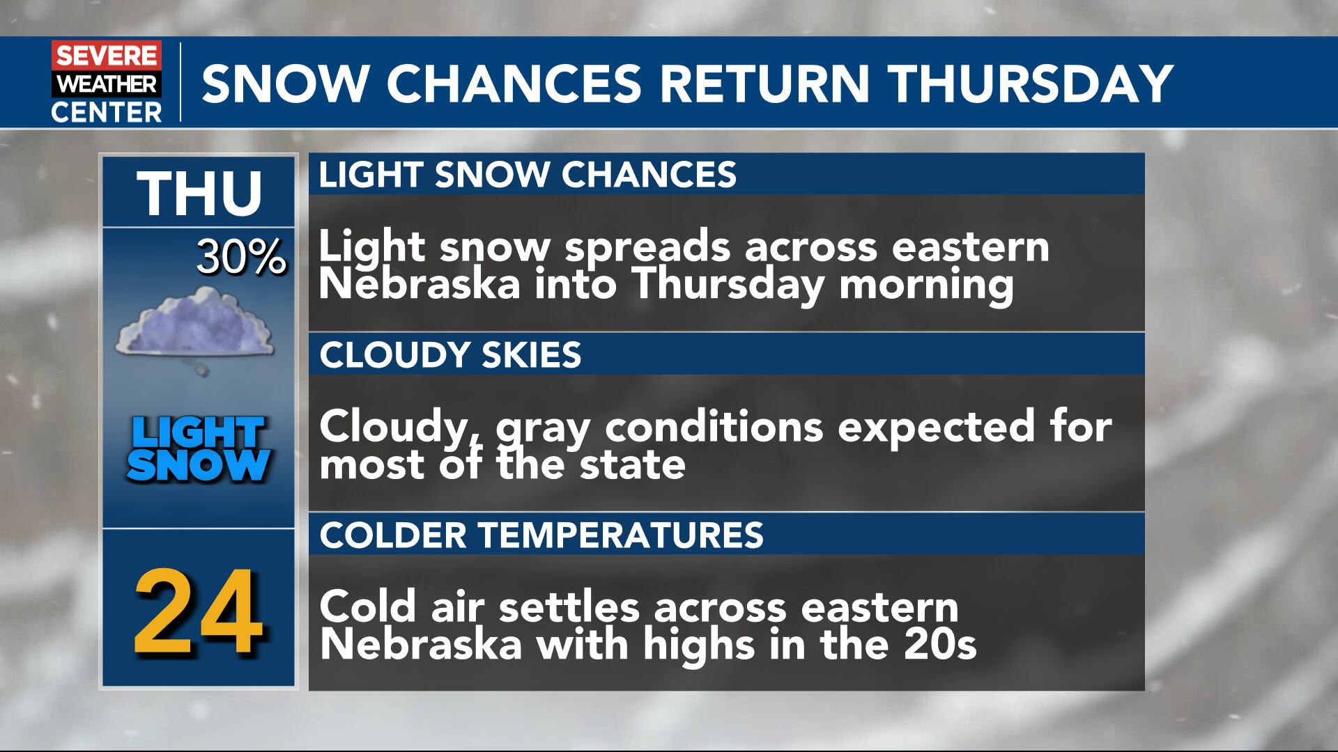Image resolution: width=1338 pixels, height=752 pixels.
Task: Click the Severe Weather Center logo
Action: click(106, 82)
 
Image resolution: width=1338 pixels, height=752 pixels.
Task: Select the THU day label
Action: click(199, 193)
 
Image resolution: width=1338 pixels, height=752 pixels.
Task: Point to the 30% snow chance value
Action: click(241, 258)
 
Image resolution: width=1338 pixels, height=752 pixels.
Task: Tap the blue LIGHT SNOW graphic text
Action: click(199, 449)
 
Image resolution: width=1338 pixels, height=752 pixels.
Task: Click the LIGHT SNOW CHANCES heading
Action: click(528, 174)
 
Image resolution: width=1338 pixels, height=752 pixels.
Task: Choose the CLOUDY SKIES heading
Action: click(450, 354)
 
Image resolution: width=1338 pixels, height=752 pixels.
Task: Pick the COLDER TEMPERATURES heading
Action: click(541, 535)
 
